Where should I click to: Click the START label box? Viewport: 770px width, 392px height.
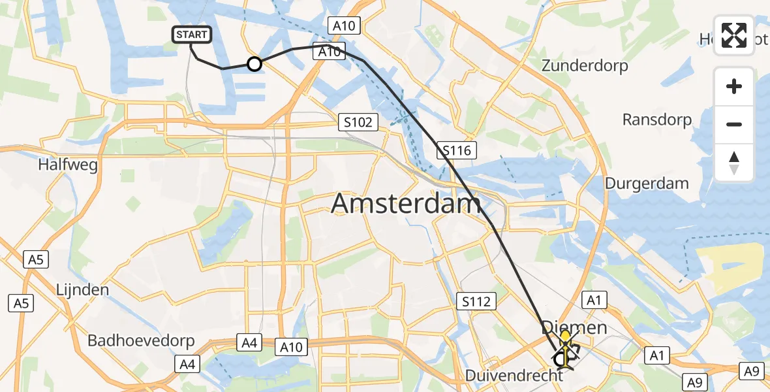point(192,35)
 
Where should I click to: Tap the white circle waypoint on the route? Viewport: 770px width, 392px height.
point(254,64)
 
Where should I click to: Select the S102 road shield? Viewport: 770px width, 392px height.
point(358,122)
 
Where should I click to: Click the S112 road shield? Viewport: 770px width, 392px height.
point(477,301)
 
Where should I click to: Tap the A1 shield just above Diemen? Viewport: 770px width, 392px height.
point(593,300)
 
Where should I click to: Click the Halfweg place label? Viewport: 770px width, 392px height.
point(68,165)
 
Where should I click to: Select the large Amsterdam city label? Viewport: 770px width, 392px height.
point(406,203)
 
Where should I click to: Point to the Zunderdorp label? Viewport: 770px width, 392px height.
point(585,66)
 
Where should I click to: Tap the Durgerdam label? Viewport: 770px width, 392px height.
point(647,183)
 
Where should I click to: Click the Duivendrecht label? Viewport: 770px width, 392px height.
point(514,376)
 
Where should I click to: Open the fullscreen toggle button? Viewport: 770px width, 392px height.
point(734,35)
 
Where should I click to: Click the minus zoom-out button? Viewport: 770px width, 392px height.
point(734,124)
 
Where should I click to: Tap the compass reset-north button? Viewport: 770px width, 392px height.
point(734,162)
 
